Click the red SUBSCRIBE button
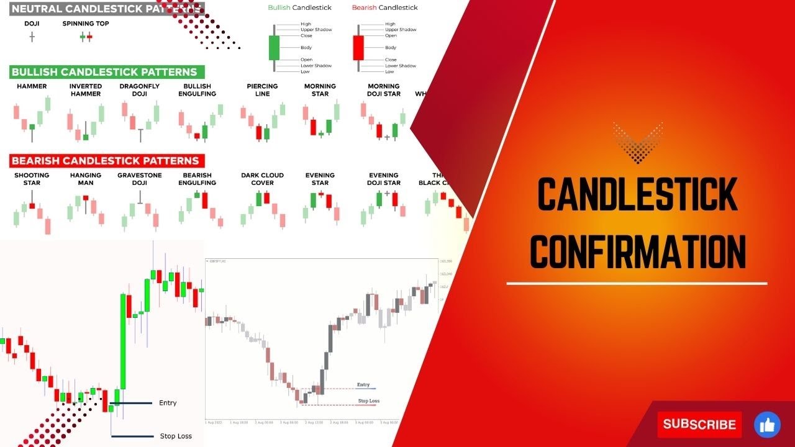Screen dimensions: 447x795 699,425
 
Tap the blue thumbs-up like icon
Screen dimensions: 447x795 767,425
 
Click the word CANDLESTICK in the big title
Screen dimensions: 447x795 637,194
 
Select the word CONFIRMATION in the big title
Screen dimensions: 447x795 637,252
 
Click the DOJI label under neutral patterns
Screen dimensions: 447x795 32,24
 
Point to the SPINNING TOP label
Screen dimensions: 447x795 86,24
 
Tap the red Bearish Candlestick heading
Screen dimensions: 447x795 384,7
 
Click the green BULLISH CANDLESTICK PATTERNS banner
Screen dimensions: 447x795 104,72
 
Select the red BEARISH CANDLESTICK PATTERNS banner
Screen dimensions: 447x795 105,161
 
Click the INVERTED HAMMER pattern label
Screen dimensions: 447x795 86,90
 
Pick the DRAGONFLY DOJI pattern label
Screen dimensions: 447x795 139,90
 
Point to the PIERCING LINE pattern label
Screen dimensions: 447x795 262,90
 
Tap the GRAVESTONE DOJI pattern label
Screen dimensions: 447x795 139,179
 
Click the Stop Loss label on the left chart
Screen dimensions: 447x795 176,436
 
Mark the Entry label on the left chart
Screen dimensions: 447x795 168,403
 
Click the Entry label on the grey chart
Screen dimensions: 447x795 363,385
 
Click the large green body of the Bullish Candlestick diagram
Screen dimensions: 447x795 274,48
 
